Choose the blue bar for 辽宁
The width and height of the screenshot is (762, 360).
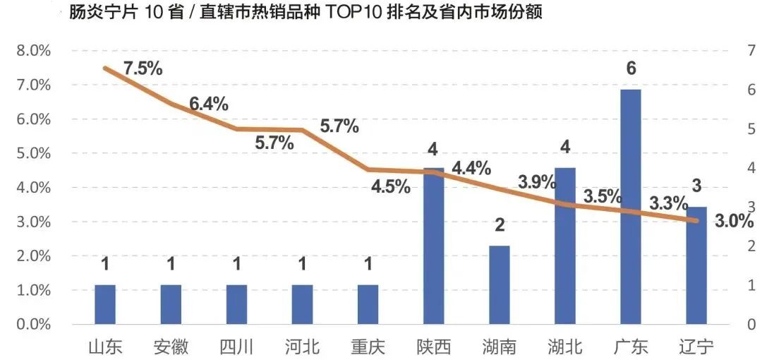[x=696, y=265]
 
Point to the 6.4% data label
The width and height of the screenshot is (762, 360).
[x=208, y=104]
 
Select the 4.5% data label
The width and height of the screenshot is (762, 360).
[x=391, y=187]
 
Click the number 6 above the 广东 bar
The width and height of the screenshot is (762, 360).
[x=631, y=69]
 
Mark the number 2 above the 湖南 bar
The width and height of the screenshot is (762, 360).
[x=500, y=226]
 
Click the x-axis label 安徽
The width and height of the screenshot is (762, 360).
[x=171, y=347]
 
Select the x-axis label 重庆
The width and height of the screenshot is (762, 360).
[x=368, y=347]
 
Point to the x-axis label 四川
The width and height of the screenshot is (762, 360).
[x=236, y=347]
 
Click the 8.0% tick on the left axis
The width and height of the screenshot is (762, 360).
[x=34, y=51]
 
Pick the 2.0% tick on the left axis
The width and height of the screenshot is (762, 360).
[x=34, y=256]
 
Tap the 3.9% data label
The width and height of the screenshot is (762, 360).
[x=537, y=181]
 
